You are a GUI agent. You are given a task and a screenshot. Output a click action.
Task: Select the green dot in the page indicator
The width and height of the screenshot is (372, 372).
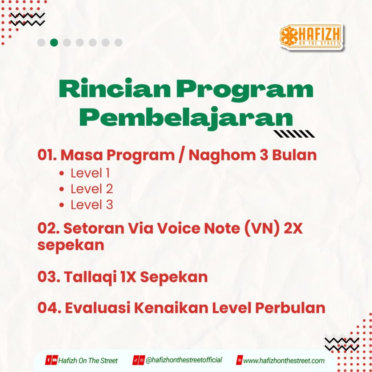[54, 43]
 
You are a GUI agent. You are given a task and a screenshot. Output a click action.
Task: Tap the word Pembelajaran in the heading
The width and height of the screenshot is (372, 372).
[186, 117]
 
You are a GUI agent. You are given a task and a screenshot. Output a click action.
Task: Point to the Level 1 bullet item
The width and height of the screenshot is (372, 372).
[85, 173]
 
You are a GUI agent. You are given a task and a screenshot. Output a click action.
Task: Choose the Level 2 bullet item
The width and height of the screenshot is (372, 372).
[86, 189]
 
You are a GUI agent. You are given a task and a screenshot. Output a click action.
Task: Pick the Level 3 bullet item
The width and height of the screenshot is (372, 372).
[86, 205]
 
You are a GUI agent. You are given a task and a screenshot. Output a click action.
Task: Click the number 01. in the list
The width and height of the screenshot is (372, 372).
[47, 155]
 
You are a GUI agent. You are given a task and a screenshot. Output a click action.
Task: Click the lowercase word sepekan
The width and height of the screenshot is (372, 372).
[71, 245]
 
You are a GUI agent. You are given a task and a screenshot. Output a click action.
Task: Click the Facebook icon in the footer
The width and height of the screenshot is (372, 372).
[48, 360]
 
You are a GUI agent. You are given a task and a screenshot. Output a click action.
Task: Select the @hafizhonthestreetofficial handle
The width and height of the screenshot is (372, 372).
[183, 360]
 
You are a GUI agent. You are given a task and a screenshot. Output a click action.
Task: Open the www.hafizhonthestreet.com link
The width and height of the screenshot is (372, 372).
[284, 361]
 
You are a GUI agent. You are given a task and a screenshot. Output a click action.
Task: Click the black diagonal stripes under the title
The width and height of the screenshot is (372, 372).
[294, 134]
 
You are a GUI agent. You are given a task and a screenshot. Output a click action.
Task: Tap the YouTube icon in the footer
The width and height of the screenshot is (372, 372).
[54, 360]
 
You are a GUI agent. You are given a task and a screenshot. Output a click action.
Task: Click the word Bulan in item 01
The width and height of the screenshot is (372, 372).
[294, 155]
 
